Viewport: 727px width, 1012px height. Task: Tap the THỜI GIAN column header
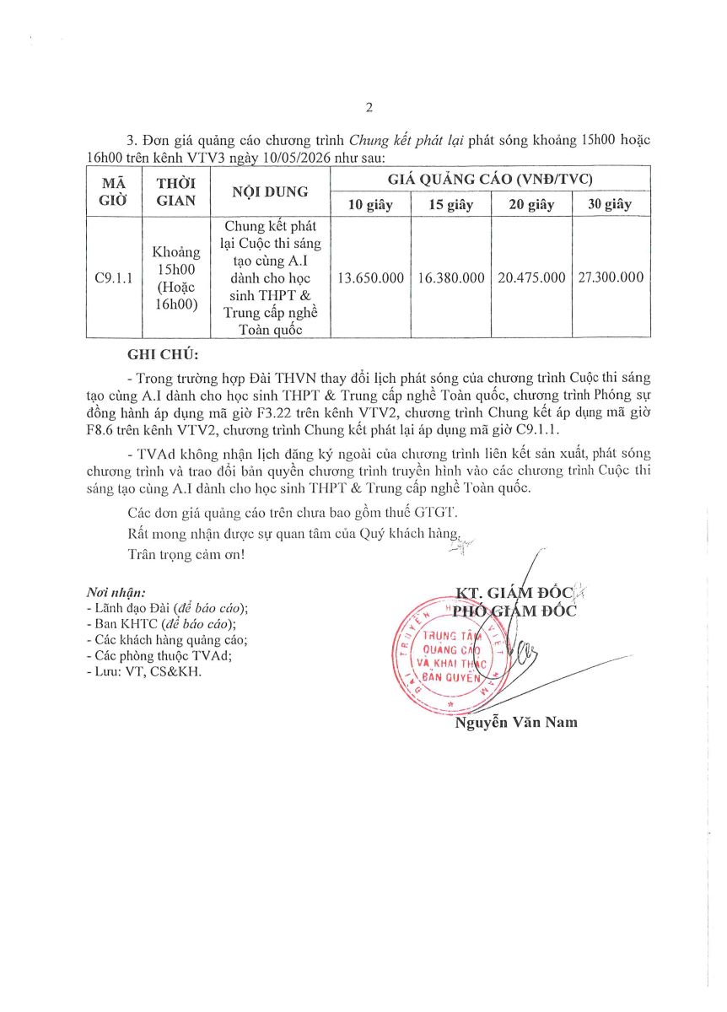pos(176,192)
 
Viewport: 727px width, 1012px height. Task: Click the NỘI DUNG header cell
pos(270,192)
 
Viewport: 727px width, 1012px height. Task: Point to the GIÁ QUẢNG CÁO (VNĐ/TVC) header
pos(490,180)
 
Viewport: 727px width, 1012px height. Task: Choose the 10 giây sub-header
pos(370,205)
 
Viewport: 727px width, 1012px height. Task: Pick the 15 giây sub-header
pos(450,205)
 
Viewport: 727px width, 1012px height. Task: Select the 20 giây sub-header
pos(530,205)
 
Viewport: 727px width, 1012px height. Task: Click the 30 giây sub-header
pos(611,205)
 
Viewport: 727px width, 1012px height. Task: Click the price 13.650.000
pos(370,277)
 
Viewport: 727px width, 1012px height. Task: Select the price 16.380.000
pos(450,277)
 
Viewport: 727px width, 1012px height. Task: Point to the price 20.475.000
pos(530,277)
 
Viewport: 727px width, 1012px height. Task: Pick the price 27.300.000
pos(611,277)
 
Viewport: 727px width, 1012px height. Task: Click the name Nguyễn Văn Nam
pos(516,722)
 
